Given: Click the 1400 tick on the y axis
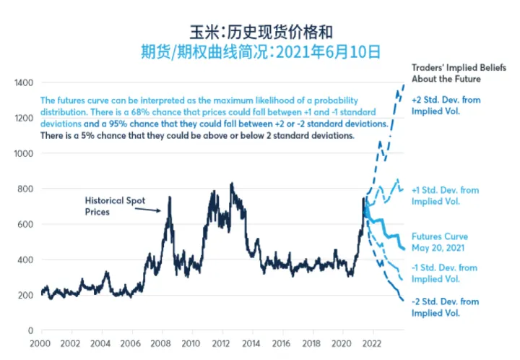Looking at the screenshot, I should (22, 83).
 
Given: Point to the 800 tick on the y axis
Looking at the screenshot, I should (25, 189).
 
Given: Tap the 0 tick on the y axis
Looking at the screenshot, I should (30, 330).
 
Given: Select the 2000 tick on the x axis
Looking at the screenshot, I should (40, 344).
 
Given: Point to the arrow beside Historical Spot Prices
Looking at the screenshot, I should (148, 209).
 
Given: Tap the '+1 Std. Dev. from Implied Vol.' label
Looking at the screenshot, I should (445, 195).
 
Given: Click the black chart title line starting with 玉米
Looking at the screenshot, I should (261, 31).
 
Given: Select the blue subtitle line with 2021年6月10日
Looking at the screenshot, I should (261, 51).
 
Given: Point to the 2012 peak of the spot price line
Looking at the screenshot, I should (231, 184).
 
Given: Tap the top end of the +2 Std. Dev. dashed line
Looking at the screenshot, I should (402, 85).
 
